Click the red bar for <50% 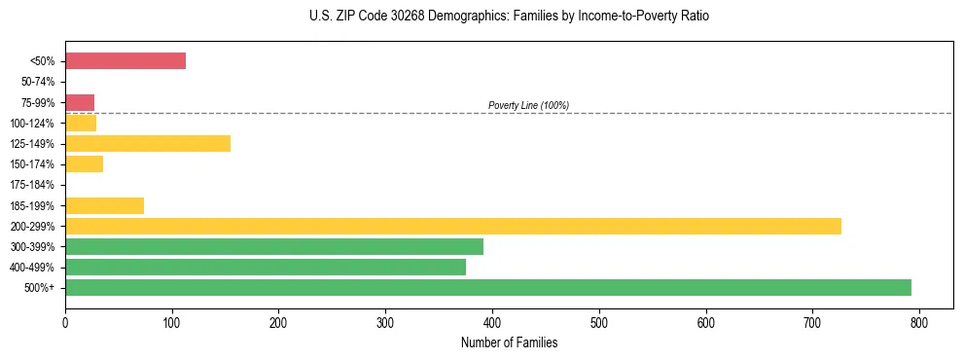(x=125, y=61)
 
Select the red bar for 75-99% (x=80, y=102)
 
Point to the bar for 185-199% (x=105, y=205)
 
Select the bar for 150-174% (x=85, y=164)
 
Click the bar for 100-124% (x=81, y=124)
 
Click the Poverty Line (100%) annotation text (x=528, y=105)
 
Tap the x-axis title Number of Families (x=509, y=342)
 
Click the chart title (x=510, y=17)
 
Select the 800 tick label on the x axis (x=919, y=321)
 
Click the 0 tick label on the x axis (x=65, y=321)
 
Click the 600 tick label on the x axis (x=705, y=321)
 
